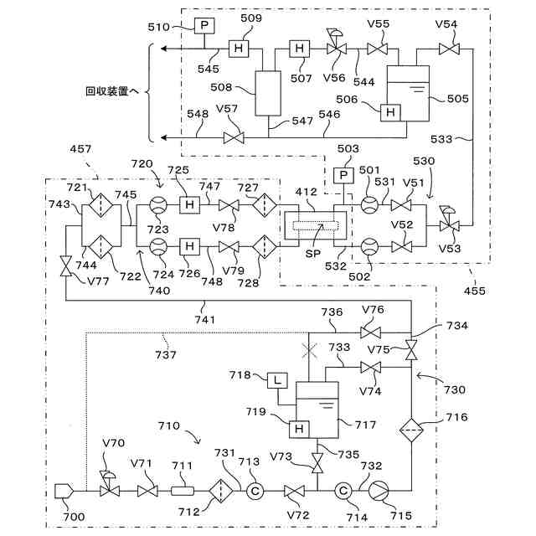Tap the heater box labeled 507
298,49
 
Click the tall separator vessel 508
269,92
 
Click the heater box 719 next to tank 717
296,429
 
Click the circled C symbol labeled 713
256,491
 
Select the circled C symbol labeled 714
342,490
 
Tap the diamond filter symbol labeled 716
411,426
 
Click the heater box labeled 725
189,204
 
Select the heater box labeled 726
189,246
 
